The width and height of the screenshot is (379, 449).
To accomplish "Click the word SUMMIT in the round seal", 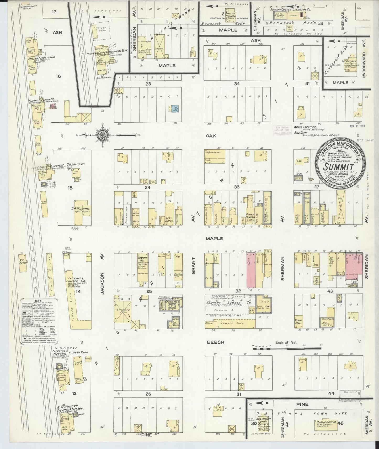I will pyautogui.click(x=338, y=167).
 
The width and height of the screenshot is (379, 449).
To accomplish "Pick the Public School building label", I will pyautogui.click(x=327, y=422).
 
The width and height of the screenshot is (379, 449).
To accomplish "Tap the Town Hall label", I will pyautogui.click(x=298, y=322).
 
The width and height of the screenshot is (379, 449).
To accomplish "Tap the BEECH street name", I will pyautogui.click(x=215, y=342).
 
